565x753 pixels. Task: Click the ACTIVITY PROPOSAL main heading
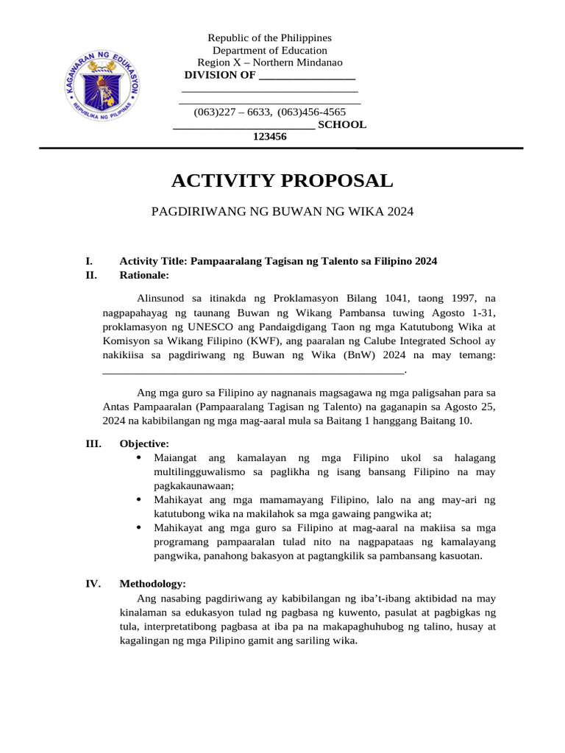(282, 181)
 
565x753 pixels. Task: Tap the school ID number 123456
(270, 137)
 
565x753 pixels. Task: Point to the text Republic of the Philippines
(269, 38)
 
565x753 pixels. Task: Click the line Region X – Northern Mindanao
(269, 63)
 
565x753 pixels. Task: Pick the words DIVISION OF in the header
(220, 75)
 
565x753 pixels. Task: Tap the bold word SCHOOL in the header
(341, 124)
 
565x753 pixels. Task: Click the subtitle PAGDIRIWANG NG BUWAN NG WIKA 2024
(282, 212)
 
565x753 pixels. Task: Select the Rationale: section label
(144, 275)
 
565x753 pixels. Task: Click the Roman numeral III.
(93, 444)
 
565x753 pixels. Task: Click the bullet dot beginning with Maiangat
(140, 458)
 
